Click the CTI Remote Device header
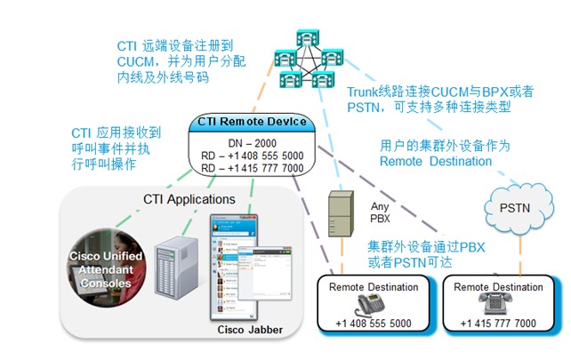click(252, 122)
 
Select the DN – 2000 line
click(252, 143)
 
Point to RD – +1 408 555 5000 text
click(252, 156)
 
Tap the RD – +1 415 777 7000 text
click(252, 168)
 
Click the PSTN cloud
click(519, 209)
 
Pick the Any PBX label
click(380, 212)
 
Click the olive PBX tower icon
click(341, 213)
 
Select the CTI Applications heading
click(189, 199)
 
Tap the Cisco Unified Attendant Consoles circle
click(106, 268)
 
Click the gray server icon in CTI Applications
click(176, 268)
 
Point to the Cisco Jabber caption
click(250, 330)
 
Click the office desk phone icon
click(370, 305)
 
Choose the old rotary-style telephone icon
click(495, 303)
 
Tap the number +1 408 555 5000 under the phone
click(374, 324)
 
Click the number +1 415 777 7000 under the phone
click(498, 324)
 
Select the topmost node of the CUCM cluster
click(308, 38)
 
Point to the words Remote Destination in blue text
click(436, 161)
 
